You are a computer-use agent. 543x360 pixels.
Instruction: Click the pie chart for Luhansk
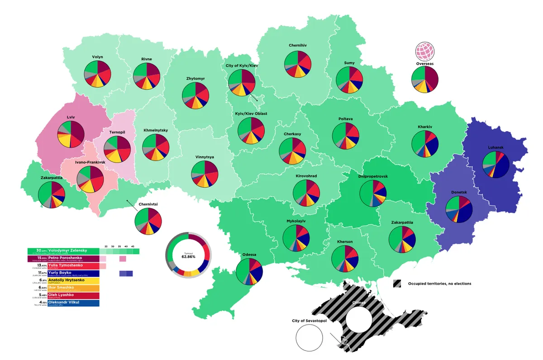click(x=496, y=165)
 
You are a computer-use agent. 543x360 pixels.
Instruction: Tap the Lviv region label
click(x=71, y=117)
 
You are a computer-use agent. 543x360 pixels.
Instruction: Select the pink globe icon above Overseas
click(x=424, y=51)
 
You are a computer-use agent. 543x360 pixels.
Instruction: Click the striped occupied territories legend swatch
click(x=397, y=284)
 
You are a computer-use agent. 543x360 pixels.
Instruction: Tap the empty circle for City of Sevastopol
click(x=309, y=338)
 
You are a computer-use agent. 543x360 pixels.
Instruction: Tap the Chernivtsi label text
click(x=148, y=204)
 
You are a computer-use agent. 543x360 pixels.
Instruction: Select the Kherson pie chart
click(x=344, y=259)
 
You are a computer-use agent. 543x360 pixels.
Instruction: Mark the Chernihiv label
click(x=298, y=45)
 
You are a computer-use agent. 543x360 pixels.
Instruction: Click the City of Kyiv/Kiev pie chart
click(x=242, y=82)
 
